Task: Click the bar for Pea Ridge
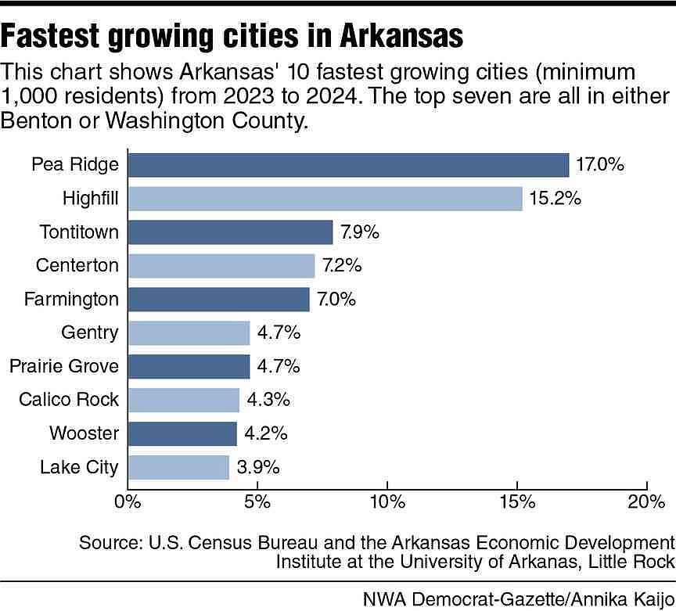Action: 348,165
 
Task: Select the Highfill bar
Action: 325,199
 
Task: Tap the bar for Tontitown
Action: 230,232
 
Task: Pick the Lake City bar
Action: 178,468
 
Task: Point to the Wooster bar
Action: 182,434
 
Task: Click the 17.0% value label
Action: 600,165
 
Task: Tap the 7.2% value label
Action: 342,266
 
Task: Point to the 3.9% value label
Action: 257,468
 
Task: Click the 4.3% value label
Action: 267,401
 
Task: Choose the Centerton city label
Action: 77,266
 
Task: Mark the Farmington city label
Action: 72,300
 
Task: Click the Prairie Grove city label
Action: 64,366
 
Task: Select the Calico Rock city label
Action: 69,401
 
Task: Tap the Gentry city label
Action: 90,333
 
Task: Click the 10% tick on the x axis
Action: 387,501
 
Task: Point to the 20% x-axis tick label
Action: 646,501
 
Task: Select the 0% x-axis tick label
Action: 127,501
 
